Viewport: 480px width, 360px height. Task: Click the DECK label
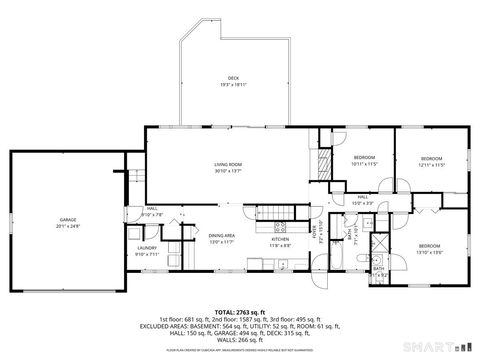tap(233, 77)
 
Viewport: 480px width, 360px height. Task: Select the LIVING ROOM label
tap(229, 164)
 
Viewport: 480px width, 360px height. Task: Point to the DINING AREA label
tap(221, 236)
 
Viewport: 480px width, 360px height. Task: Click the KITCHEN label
tap(280, 238)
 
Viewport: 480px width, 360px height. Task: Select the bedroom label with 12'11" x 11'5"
tap(431, 158)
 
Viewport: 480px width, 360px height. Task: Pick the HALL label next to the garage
tap(150, 209)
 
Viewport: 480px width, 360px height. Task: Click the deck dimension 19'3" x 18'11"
tap(233, 84)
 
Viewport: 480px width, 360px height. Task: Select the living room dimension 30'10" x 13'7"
tap(229, 171)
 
